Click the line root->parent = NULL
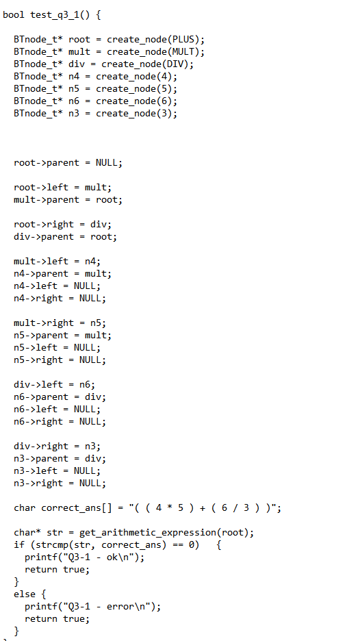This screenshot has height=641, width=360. tap(68, 162)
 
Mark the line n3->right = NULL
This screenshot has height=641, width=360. tap(60, 483)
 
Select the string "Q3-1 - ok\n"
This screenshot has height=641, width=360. tap(96, 557)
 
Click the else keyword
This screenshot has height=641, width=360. tap(24, 594)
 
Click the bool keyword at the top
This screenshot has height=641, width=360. tap(14, 14)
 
